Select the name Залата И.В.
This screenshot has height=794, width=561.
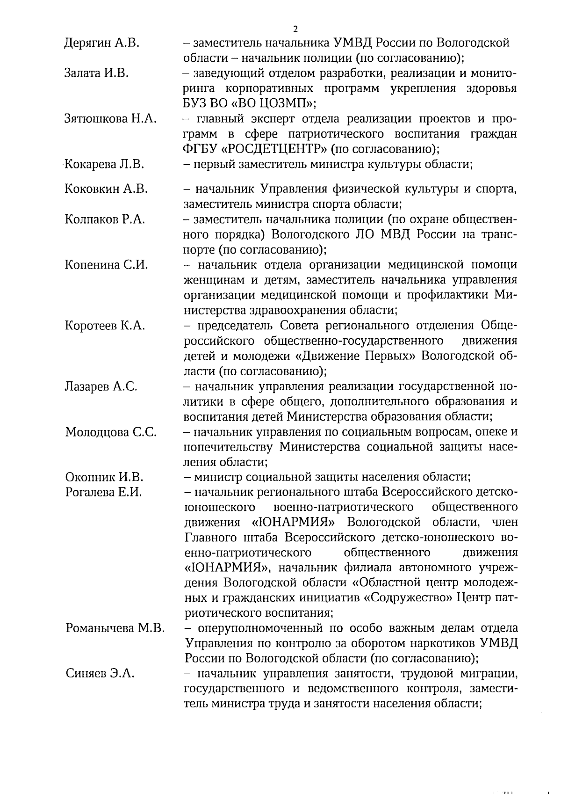[96, 73]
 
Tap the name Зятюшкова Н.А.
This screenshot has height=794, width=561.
[110, 119]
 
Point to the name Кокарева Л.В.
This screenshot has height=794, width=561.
[104, 164]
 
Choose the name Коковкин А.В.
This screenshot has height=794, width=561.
[106, 189]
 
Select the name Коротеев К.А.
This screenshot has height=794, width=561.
[105, 326]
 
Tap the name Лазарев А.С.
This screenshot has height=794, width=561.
[101, 386]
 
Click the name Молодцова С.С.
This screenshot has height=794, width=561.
[111, 432]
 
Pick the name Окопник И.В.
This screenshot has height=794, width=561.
[104, 477]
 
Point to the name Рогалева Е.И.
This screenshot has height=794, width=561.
[103, 492]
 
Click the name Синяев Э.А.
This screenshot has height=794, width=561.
[100, 674]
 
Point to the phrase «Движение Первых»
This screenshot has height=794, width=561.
[355, 356]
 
